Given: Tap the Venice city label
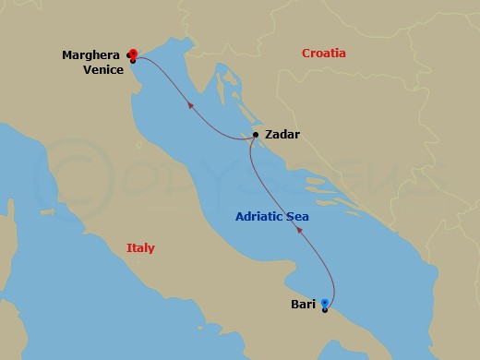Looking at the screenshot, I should pyautogui.click(x=102, y=68).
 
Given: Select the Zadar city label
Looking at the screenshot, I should pyautogui.click(x=282, y=134).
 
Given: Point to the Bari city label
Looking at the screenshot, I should pyautogui.click(x=303, y=303).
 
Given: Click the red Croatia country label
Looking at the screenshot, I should pyautogui.click(x=324, y=54).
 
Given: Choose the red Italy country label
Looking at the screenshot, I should pyautogui.click(x=141, y=248).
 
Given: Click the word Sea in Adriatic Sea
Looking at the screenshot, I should pyautogui.click(x=297, y=217).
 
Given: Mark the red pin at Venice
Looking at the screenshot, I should pyautogui.click(x=134, y=53).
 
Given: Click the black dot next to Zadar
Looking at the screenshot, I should pyautogui.click(x=256, y=135).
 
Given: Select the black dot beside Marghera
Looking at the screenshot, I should pyautogui.click(x=128, y=54).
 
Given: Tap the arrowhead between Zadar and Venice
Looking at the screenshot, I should pyautogui.click(x=190, y=105).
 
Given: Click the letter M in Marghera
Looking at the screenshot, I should pyautogui.click(x=66, y=54).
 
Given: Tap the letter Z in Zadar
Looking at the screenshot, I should pyautogui.click(x=268, y=134).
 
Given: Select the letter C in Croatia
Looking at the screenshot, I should pyautogui.click(x=306, y=54).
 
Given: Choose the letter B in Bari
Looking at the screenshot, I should pyautogui.click(x=294, y=303).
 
